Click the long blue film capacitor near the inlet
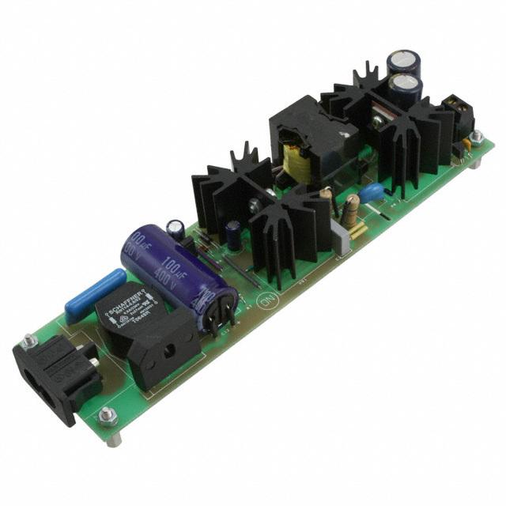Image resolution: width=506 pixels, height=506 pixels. point(95,294)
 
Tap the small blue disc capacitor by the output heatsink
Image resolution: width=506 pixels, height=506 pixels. point(370,192)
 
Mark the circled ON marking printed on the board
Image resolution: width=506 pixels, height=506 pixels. point(266,300)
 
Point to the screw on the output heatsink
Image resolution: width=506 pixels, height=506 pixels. point(379,120)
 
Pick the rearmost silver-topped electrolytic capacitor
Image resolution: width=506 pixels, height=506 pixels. point(401,64)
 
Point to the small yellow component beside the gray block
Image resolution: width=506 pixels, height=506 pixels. point(357,230)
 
